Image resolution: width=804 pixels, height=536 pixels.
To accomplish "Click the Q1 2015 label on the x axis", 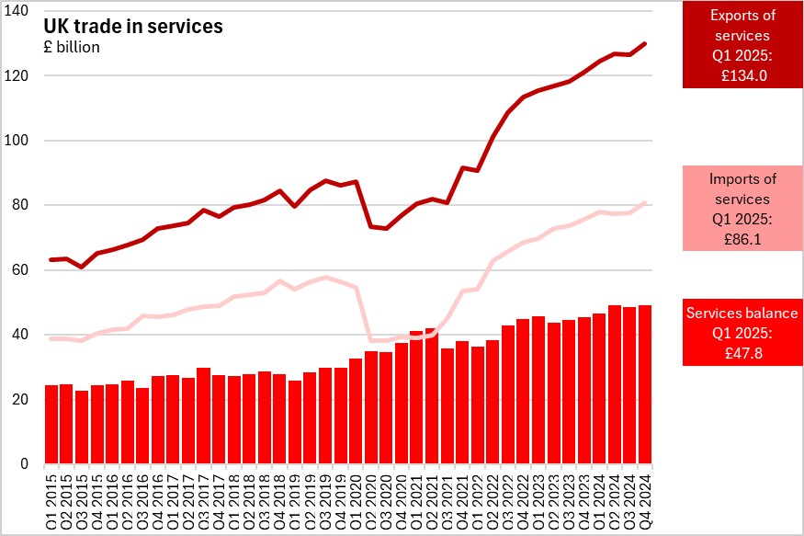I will click(x=51, y=496).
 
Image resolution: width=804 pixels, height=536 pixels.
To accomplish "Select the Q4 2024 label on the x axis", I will click(x=644, y=496).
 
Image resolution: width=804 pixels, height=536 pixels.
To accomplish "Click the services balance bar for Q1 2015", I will click(x=51, y=425).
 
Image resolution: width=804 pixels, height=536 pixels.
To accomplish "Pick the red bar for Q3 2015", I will click(x=82, y=428).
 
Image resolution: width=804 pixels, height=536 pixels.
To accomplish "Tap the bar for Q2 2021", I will click(x=431, y=396).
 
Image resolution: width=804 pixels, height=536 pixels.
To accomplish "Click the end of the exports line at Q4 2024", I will click(x=645, y=43).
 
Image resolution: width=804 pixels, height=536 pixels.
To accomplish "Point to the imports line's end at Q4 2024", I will click(x=645, y=202).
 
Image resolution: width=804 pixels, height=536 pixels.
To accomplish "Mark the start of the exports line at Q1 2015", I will click(x=51, y=259).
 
